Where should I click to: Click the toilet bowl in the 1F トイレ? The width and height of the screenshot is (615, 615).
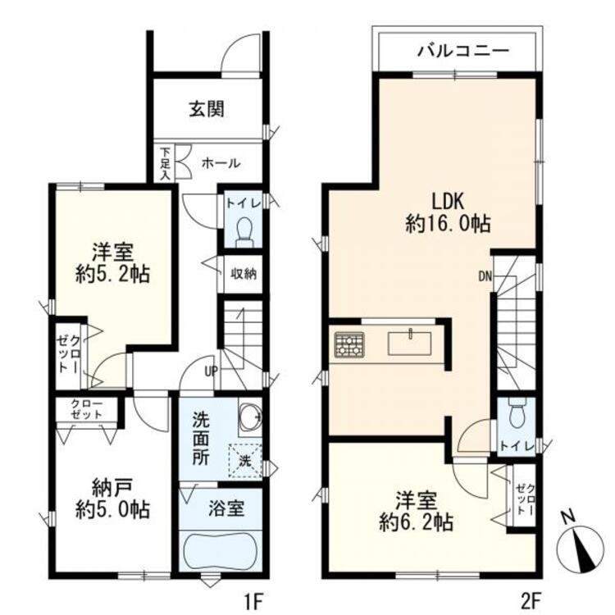244,232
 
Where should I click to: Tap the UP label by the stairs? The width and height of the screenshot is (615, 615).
211,371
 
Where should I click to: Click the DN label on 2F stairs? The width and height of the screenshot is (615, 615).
485,276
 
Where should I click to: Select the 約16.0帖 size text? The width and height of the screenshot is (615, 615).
448,223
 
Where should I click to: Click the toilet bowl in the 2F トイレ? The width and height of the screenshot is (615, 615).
516,416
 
